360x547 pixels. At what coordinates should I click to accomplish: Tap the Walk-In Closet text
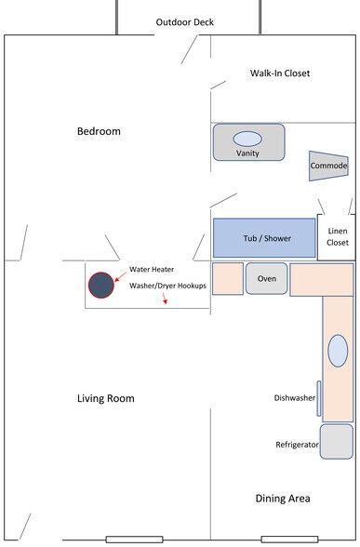coord(280,73)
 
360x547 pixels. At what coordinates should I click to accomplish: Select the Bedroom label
coord(99,131)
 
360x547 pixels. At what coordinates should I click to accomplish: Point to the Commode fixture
coord(328,166)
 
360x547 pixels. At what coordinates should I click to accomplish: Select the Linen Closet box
coord(337,236)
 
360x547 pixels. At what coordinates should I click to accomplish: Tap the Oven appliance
coord(266,278)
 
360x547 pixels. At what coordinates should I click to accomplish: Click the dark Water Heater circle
coord(100,285)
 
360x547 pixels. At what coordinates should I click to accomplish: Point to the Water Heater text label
coord(151,269)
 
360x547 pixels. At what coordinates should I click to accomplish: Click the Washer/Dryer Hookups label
coord(167,285)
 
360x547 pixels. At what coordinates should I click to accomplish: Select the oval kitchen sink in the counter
coord(338,352)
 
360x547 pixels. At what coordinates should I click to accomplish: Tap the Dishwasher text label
coord(295,398)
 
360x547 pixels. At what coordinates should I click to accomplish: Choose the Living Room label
coord(105,398)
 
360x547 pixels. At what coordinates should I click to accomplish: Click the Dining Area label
coord(283,499)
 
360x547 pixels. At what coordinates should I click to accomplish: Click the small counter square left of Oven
coord(227,279)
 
